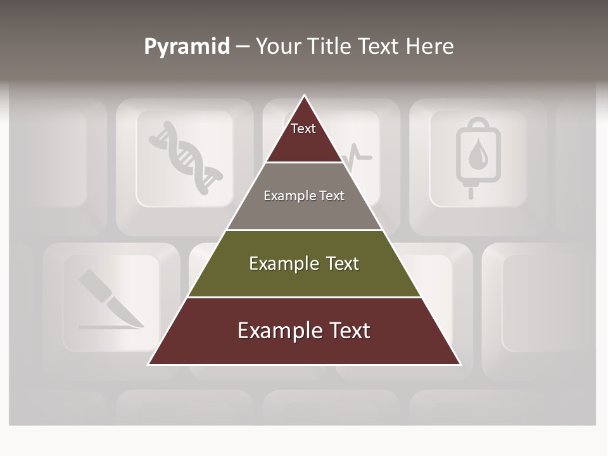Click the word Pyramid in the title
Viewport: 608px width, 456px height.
(x=187, y=47)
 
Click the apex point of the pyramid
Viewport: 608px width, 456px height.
(x=305, y=96)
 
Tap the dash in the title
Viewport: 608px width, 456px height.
(x=243, y=47)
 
